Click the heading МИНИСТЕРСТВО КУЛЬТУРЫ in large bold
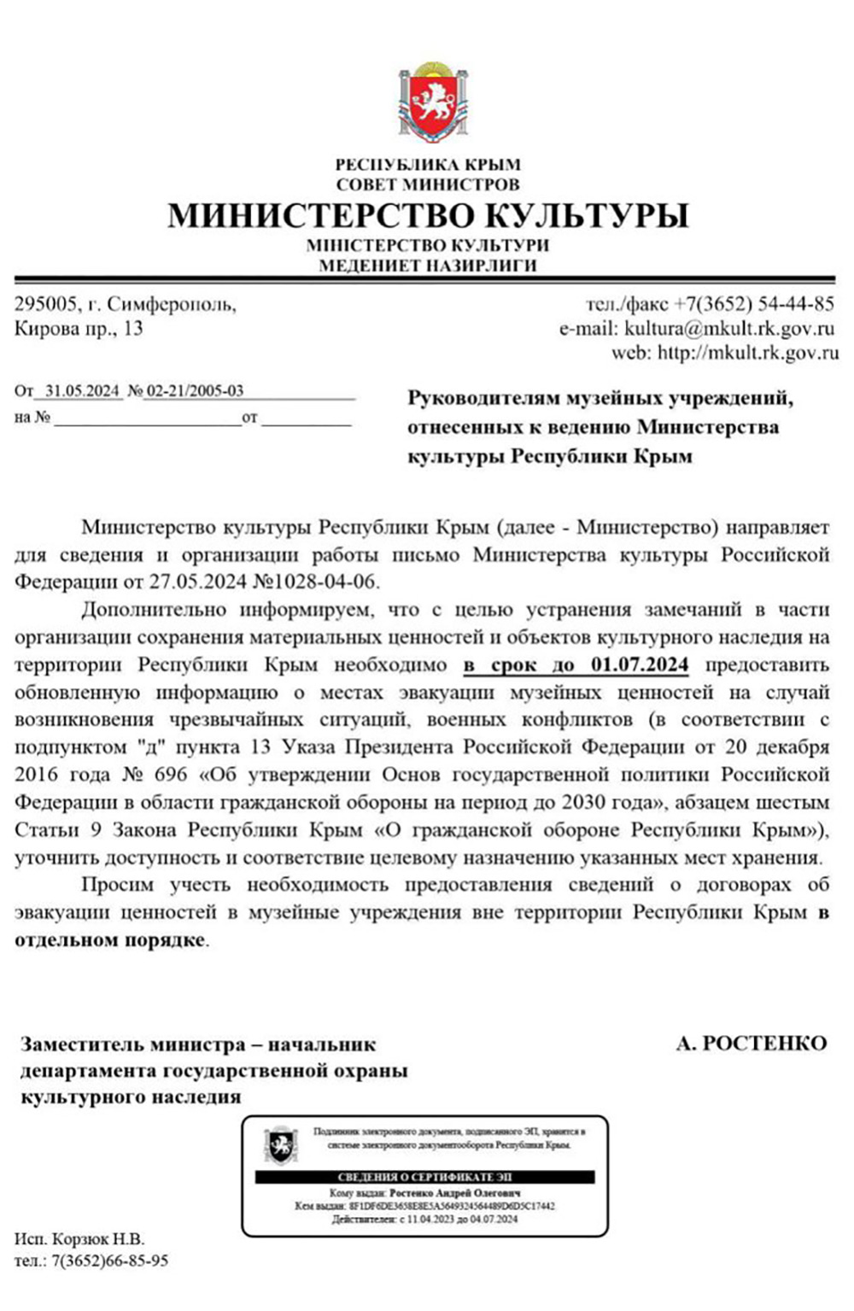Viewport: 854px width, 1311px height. point(427,214)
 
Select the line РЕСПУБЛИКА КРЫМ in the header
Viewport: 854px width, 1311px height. point(427,165)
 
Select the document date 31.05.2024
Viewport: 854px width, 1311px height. point(82,391)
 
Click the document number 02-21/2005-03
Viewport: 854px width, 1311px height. point(195,391)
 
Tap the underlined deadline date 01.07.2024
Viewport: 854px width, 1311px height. point(639,664)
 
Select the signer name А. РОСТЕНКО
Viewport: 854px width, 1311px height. point(751,1043)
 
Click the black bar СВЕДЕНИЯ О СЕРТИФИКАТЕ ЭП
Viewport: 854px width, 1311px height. point(424,1177)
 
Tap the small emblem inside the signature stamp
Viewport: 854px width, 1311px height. point(280,1145)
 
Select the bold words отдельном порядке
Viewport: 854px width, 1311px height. point(110,940)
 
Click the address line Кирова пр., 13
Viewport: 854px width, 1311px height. point(79,329)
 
